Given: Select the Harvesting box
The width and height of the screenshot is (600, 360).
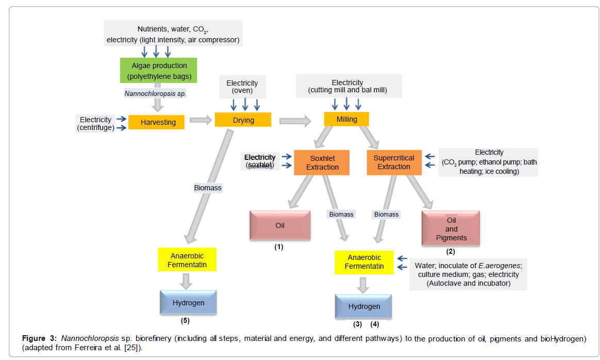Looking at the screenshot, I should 156,122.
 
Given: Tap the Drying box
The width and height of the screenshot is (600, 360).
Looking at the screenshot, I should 243,120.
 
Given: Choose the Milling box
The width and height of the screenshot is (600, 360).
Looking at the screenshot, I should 347,119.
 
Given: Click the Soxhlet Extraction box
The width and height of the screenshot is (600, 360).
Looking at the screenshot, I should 322,162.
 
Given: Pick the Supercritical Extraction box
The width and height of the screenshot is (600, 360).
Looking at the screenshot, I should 393,162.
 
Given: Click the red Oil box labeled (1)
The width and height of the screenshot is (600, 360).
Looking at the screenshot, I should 280,225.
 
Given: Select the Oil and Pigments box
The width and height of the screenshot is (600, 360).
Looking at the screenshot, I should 451,228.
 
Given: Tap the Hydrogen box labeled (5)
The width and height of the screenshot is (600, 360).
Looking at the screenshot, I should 188,303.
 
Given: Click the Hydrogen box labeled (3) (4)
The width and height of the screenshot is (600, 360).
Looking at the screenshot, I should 363,306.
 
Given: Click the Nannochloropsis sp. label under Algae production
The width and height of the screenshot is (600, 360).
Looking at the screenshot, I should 155,93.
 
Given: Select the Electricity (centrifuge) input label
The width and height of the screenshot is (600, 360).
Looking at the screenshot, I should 95,123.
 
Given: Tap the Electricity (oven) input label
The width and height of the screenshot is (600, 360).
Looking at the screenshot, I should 242,87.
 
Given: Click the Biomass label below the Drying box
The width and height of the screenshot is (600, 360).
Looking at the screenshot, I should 208,188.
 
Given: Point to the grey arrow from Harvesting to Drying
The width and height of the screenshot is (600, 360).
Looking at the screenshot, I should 201,120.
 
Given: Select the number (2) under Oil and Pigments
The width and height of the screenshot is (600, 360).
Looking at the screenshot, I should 451,252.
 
